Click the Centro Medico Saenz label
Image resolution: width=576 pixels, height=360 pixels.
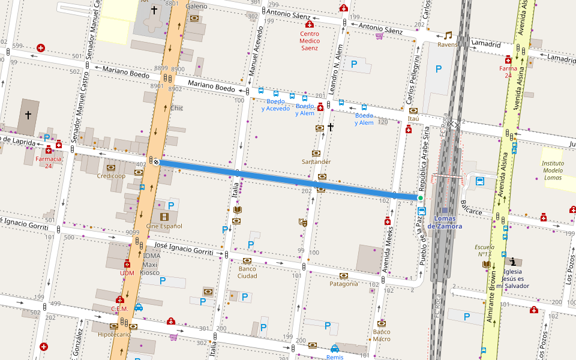(x=309, y=41)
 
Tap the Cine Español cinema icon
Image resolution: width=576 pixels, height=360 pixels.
(x=164, y=217)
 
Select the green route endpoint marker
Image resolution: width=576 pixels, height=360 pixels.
(x=420, y=198)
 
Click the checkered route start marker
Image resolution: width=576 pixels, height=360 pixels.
(x=156, y=161)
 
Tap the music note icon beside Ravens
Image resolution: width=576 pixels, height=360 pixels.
(x=448, y=35)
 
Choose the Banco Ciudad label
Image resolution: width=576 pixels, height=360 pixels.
(x=247, y=272)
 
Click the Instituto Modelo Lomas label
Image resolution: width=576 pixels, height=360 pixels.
(x=553, y=171)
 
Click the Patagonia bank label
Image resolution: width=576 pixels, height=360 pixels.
(x=344, y=284)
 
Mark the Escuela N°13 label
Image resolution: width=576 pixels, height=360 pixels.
(x=484, y=250)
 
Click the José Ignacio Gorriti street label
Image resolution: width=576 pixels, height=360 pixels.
(x=184, y=249)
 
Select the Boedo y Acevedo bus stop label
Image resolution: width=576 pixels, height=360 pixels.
(x=275, y=105)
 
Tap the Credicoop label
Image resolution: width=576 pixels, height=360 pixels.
(x=111, y=176)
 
